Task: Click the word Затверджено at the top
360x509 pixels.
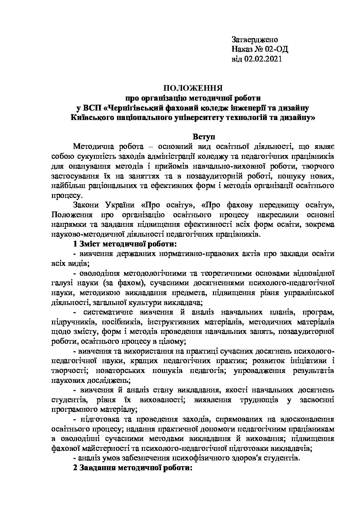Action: tap(255, 39)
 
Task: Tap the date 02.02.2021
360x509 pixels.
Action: tap(263, 59)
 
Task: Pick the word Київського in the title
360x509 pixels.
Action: tap(89, 118)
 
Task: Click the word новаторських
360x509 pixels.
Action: tap(118, 370)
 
